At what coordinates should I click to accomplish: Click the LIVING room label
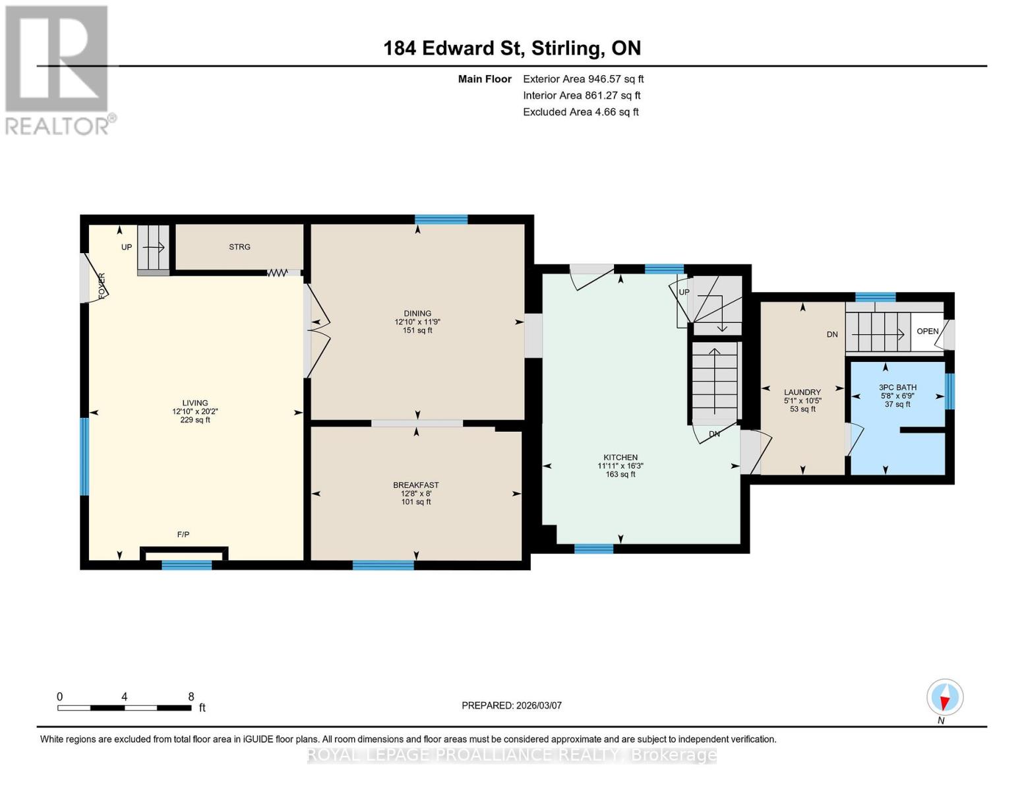(195, 403)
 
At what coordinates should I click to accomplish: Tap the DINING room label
(417, 314)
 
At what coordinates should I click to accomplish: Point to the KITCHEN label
(620, 457)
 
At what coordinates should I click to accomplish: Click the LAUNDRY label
(802, 392)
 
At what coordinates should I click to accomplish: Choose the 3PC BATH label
(897, 388)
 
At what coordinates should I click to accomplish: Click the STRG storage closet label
(239, 247)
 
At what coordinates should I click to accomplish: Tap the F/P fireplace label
(183, 535)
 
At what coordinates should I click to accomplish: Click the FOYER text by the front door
(102, 286)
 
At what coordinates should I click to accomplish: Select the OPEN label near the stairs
(927, 331)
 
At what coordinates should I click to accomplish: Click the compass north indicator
(945, 698)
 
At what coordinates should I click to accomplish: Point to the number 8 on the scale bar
(191, 697)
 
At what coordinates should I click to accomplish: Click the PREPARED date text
(512, 705)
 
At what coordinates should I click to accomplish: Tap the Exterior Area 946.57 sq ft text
(583, 79)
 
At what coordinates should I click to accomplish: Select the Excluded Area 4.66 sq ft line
(580, 112)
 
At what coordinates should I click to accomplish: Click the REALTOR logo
(58, 69)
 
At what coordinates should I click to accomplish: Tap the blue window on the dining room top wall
(441, 220)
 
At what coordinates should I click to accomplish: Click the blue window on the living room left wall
(84, 456)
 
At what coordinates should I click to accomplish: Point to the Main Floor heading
(485, 79)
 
